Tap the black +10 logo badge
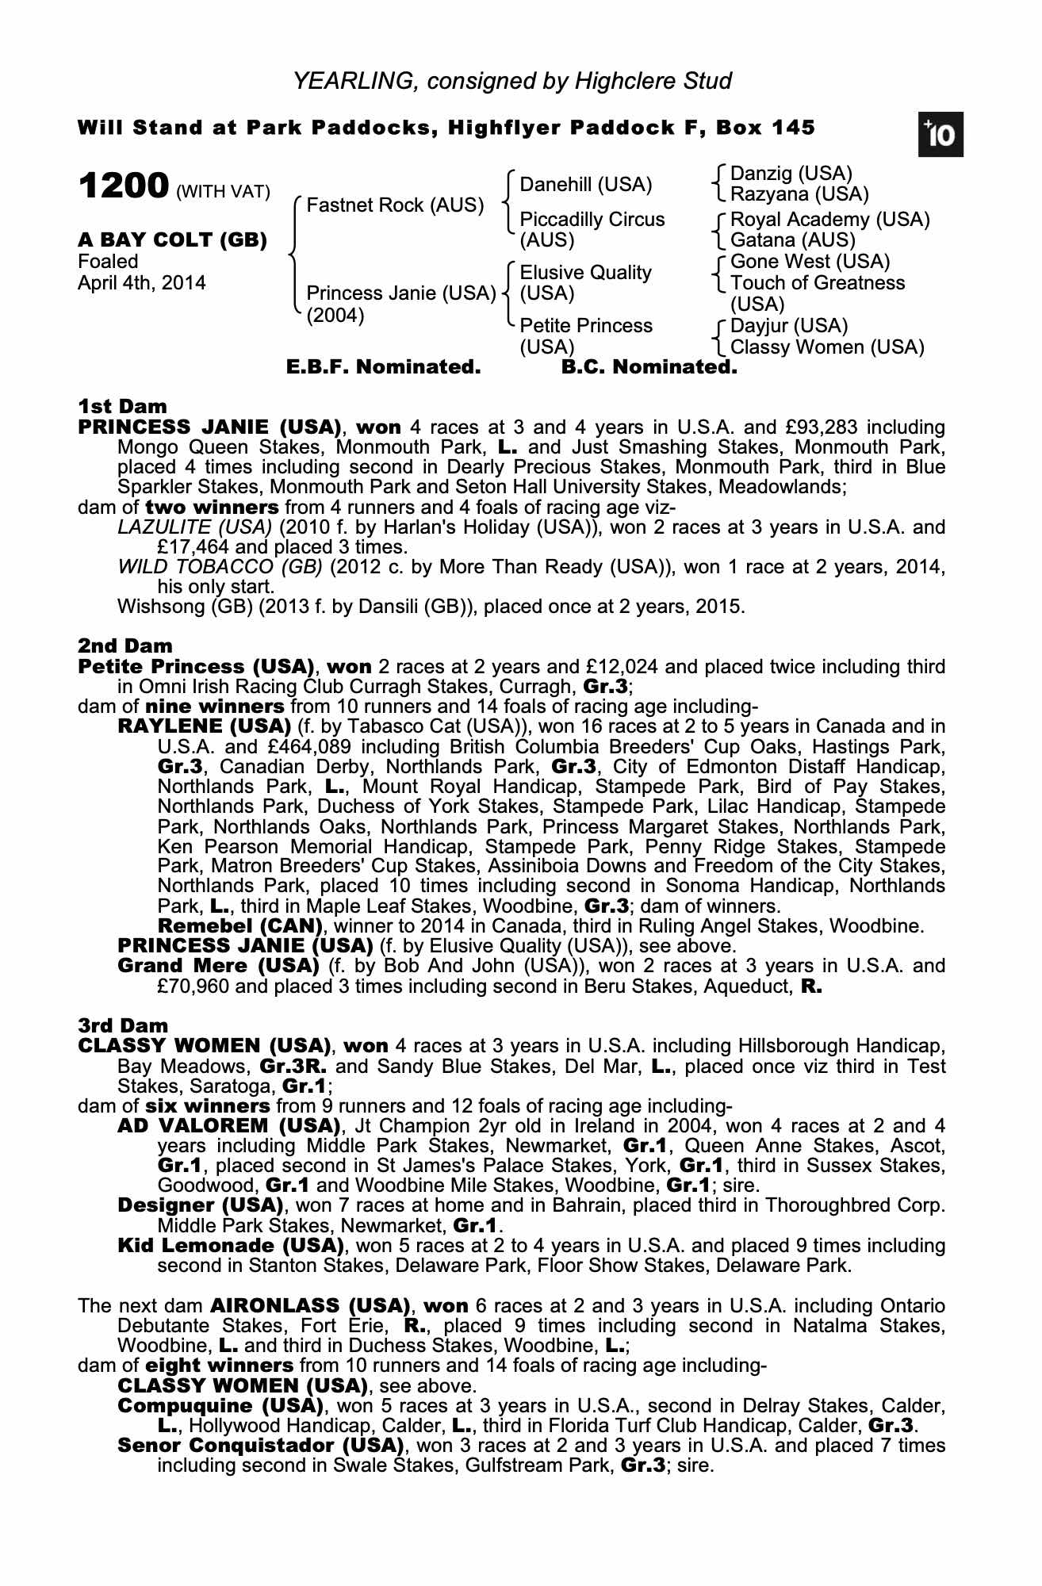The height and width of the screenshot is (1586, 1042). tap(940, 135)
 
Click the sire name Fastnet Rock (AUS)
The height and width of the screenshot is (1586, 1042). tap(395, 205)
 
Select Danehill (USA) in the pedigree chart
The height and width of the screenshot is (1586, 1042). tap(585, 185)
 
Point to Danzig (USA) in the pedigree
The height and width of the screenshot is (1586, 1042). tap(791, 174)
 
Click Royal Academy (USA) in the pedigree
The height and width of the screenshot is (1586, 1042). tap(829, 220)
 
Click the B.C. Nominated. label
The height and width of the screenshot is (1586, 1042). tap(649, 367)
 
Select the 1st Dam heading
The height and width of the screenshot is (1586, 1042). tap(123, 407)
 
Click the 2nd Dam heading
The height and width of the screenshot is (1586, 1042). tap(125, 646)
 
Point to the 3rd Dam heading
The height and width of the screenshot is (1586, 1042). tap(124, 1026)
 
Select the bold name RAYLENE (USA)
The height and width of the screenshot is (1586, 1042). tap(204, 726)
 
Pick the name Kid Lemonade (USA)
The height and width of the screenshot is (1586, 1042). tap(231, 1245)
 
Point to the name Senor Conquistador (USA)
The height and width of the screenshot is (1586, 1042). tap(261, 1445)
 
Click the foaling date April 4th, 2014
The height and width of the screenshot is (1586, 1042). tap(141, 283)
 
